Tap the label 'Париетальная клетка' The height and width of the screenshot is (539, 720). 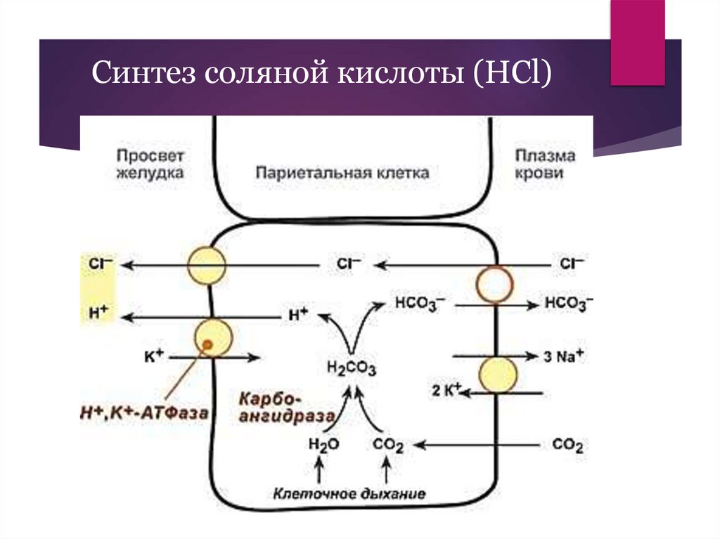coord(342,172)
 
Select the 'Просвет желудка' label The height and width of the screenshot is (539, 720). coord(150,164)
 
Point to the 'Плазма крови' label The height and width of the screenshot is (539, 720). coord(544,164)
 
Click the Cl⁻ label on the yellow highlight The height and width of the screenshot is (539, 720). coord(96,265)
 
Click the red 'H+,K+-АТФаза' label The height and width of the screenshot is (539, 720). coord(143,413)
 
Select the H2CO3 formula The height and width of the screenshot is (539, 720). coord(352,368)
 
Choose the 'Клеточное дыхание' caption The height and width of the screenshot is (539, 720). coord(350,493)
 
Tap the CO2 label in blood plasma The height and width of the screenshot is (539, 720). coord(568,446)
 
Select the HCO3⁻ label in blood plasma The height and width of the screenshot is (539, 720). coord(569,304)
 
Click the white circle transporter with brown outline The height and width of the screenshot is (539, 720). coord(497,285)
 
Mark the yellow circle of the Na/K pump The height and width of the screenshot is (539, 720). coord(499,375)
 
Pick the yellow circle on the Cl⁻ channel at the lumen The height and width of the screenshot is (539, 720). coord(207,265)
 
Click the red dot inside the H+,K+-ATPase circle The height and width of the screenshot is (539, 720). coord(208,344)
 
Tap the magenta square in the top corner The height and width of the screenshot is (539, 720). coord(637,42)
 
